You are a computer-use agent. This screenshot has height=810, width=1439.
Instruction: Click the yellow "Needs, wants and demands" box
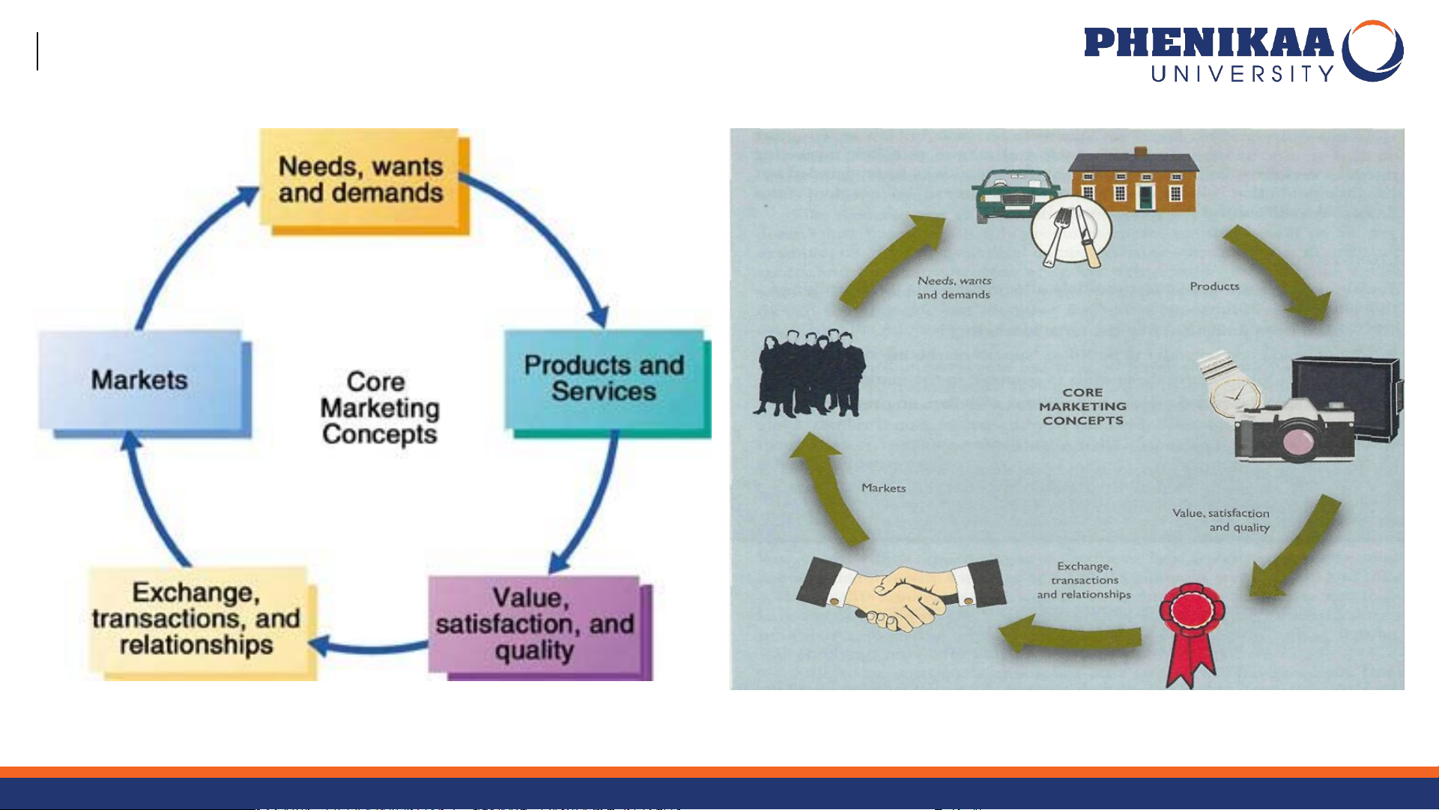[361, 180]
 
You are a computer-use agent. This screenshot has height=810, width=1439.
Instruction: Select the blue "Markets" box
[141, 380]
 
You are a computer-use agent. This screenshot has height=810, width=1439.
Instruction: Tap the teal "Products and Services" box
[604, 379]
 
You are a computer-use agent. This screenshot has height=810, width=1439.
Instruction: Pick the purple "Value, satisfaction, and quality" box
[535, 623]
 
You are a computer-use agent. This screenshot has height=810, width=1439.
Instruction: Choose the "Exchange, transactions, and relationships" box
[197, 619]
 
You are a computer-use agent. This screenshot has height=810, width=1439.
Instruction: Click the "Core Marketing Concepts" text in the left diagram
[379, 408]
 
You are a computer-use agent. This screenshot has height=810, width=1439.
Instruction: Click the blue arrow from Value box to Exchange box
[371, 647]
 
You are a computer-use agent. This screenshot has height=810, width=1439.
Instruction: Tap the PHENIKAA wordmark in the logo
[1208, 43]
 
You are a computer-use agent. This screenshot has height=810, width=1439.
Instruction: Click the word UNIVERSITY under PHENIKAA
[1242, 73]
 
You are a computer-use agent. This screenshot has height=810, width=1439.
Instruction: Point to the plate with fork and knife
[1071, 231]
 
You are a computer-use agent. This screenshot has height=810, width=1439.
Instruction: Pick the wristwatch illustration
[1229, 386]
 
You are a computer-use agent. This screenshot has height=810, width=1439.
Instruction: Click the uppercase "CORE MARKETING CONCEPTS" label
[1082, 406]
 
